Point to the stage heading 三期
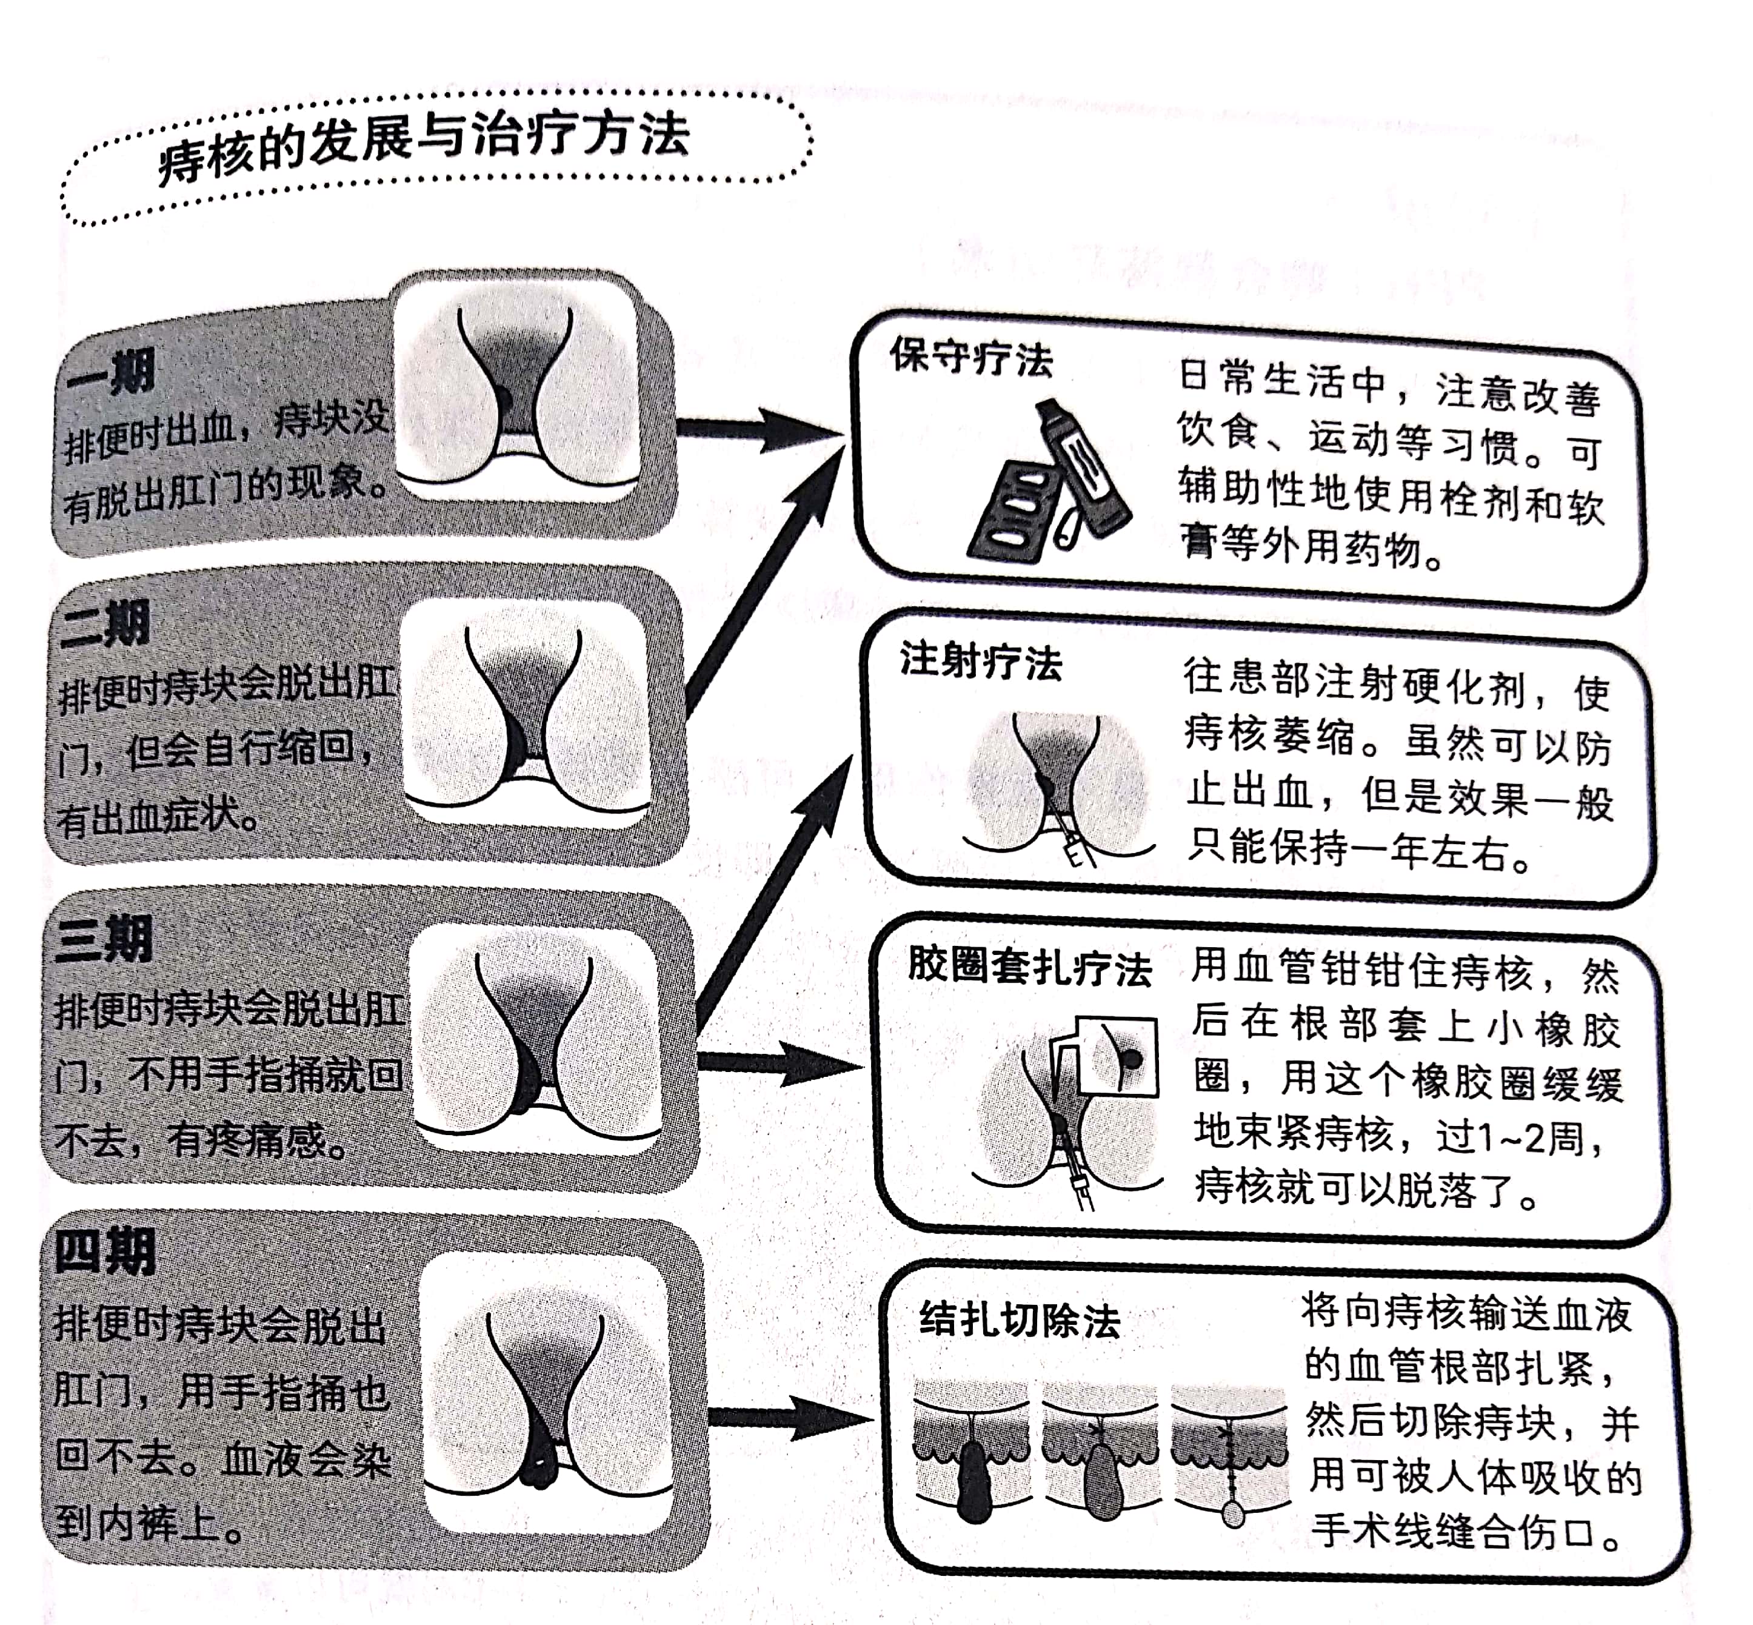(104, 939)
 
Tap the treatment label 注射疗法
(980, 662)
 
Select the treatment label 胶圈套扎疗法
(1029, 967)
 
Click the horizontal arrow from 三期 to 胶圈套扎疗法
(778, 1064)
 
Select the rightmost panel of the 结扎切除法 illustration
(1230, 1451)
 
